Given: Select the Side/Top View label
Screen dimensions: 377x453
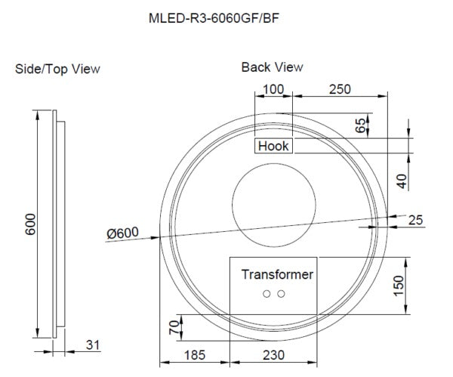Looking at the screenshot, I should pos(58,69).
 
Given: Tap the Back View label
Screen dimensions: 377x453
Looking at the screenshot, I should pos(272,67).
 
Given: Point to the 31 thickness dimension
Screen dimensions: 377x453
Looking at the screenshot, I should pos(93,345).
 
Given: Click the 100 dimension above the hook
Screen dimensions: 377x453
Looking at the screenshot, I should pos(273,89).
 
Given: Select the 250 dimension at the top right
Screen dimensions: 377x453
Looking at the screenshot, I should pos(341,89).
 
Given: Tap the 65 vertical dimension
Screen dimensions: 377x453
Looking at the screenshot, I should pos(360,125).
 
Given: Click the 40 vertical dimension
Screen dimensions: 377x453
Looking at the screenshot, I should pos(402,181).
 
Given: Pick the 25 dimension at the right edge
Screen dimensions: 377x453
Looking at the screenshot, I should pos(414,220).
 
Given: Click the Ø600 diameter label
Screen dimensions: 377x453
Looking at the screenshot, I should pos(122,234).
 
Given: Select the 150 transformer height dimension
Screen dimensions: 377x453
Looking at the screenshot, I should pos(399,286).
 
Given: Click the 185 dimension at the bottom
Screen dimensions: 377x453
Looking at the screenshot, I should pos(193,353).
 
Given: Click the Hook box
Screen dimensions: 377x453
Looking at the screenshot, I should pos(273,146).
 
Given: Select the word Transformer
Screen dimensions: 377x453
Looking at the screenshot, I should pos(277,274).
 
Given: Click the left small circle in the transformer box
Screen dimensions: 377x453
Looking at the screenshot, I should pos(266,293).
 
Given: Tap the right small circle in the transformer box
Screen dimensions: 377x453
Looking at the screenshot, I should pos(281,293).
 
